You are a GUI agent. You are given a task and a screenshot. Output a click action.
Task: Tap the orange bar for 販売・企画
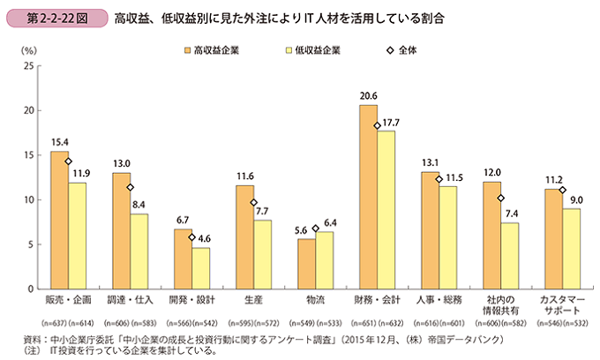pyautogui.click(x=59, y=220)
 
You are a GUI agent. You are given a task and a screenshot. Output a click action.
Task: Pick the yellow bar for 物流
pyautogui.click(x=324, y=260)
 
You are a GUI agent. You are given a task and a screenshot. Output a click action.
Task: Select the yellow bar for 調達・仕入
pyautogui.click(x=139, y=251)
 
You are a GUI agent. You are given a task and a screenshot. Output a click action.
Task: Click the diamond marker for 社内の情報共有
pyautogui.click(x=500, y=199)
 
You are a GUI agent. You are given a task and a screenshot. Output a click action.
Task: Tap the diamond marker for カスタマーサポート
pyautogui.click(x=562, y=190)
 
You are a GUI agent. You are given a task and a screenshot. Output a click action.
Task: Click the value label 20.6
pyautogui.click(x=368, y=96)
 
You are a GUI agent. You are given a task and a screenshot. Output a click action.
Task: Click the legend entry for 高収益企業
pyautogui.click(x=212, y=50)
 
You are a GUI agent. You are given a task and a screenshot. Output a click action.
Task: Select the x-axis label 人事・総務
pyautogui.click(x=439, y=300)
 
